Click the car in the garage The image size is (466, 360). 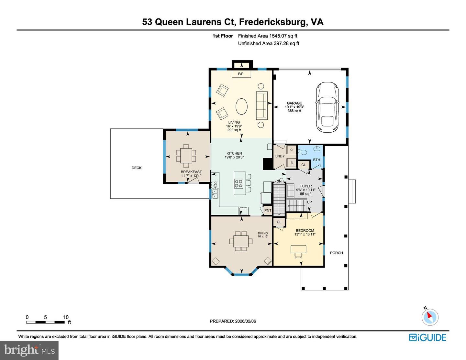point(327,107)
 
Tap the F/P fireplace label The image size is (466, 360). point(240,74)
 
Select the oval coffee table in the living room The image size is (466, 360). point(241,106)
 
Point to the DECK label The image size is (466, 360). point(137,168)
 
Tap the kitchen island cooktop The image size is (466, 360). point(239,184)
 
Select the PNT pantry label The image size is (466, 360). point(268,211)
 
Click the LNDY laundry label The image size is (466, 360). point(280,156)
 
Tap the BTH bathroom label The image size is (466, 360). point(316,160)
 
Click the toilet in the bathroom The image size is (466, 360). point(302,152)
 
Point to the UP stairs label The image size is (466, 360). point(309,202)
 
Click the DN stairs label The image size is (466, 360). point(279,181)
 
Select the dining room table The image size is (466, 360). point(241,241)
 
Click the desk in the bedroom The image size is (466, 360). point(298,249)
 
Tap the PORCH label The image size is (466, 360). point(337,253)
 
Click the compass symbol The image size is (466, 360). point(430,317)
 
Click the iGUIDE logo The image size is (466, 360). point(427,338)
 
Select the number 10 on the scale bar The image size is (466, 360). point(66,317)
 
